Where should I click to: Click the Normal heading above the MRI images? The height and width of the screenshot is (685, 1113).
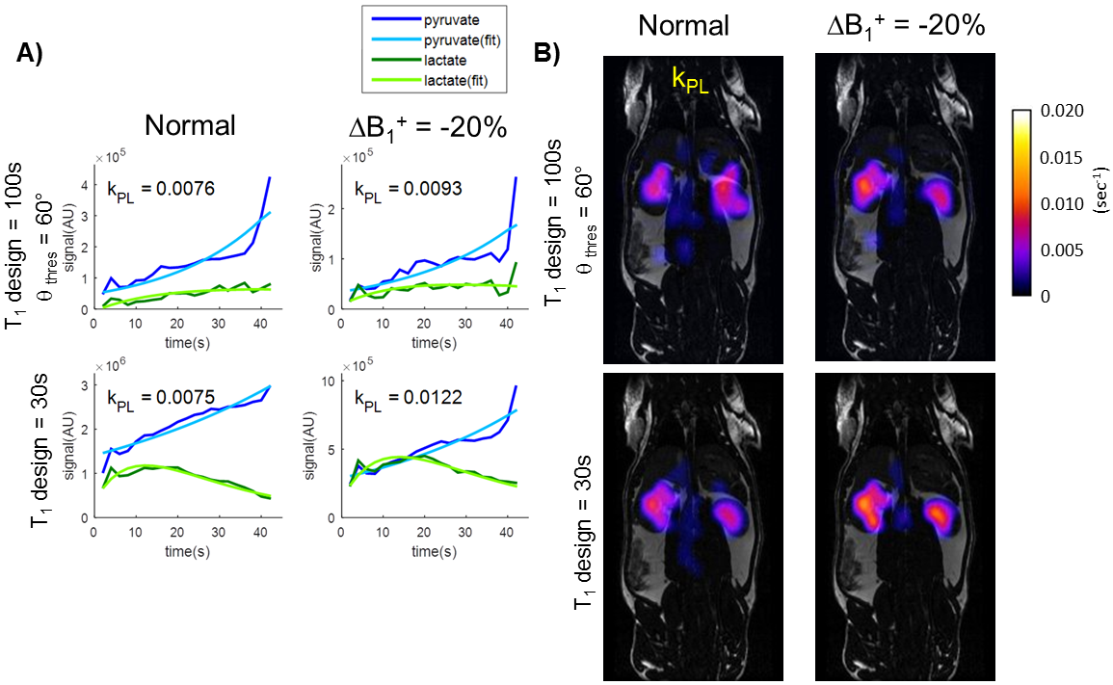pyautogui.click(x=687, y=26)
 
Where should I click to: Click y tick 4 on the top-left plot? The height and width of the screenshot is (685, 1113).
pyautogui.click(x=86, y=184)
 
